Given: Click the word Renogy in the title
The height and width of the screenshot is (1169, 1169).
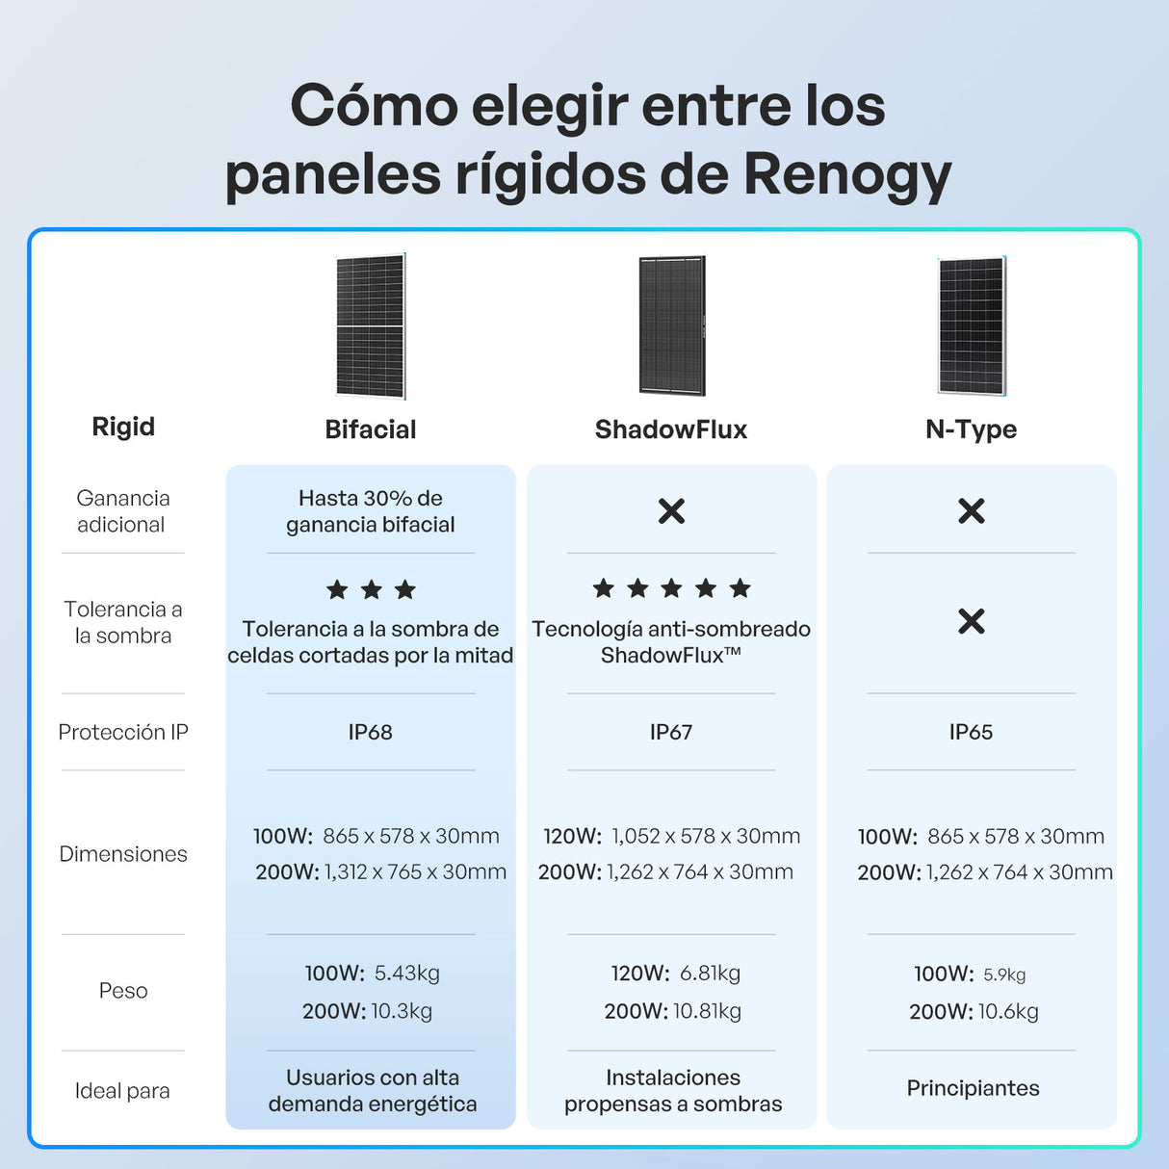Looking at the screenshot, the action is point(846,176).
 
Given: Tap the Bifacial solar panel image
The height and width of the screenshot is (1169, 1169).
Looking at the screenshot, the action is point(371,326).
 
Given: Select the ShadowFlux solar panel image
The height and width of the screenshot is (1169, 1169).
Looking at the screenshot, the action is point(671,325).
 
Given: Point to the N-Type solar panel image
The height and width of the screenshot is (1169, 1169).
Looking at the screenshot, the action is point(972,325).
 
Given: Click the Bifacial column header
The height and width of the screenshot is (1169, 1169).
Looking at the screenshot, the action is point(371,429).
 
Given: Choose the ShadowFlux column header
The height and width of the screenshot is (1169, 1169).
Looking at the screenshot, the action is point(671,429).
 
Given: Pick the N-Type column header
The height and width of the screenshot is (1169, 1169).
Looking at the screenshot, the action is point(972,430).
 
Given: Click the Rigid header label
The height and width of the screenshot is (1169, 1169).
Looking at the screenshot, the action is point(123,428).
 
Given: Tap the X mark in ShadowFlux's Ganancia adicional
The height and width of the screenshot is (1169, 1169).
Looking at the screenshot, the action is point(671,510).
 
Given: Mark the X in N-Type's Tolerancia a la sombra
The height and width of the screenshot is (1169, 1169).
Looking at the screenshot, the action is point(972,621).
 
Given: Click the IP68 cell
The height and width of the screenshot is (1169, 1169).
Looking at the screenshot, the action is point(370,732).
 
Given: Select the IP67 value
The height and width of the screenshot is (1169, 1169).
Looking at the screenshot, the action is point(671,732).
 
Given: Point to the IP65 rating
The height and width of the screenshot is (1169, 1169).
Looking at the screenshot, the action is point(972,732).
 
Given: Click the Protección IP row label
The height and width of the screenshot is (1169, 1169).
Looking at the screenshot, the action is point(123,732).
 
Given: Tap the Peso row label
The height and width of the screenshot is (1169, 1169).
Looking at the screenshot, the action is point(123,991).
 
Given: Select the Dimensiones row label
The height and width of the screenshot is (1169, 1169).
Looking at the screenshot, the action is point(123,854).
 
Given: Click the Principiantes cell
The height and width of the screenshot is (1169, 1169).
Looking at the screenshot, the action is point(974,1088).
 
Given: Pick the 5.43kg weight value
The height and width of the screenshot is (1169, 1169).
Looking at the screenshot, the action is point(407,974).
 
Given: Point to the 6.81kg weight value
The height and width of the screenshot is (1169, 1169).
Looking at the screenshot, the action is point(711,974).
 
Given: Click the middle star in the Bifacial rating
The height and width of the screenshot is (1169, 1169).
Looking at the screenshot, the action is point(372,589).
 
